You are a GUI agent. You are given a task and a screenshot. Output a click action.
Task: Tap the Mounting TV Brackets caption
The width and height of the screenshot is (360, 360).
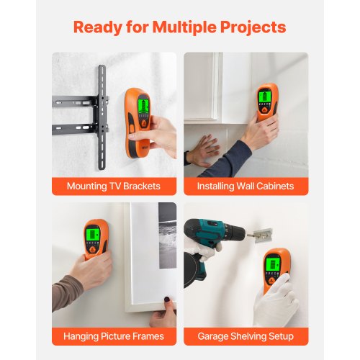point(114,186)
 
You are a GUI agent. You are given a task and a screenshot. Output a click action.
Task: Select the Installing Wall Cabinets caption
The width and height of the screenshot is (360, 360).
point(246,186)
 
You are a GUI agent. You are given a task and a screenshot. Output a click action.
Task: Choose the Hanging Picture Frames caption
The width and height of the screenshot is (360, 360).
point(114,336)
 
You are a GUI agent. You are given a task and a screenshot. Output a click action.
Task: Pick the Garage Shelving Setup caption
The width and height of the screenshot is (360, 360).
point(246,336)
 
